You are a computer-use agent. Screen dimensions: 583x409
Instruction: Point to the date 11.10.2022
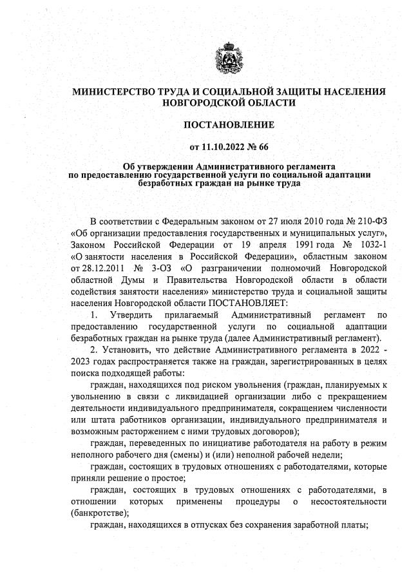(217, 146)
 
